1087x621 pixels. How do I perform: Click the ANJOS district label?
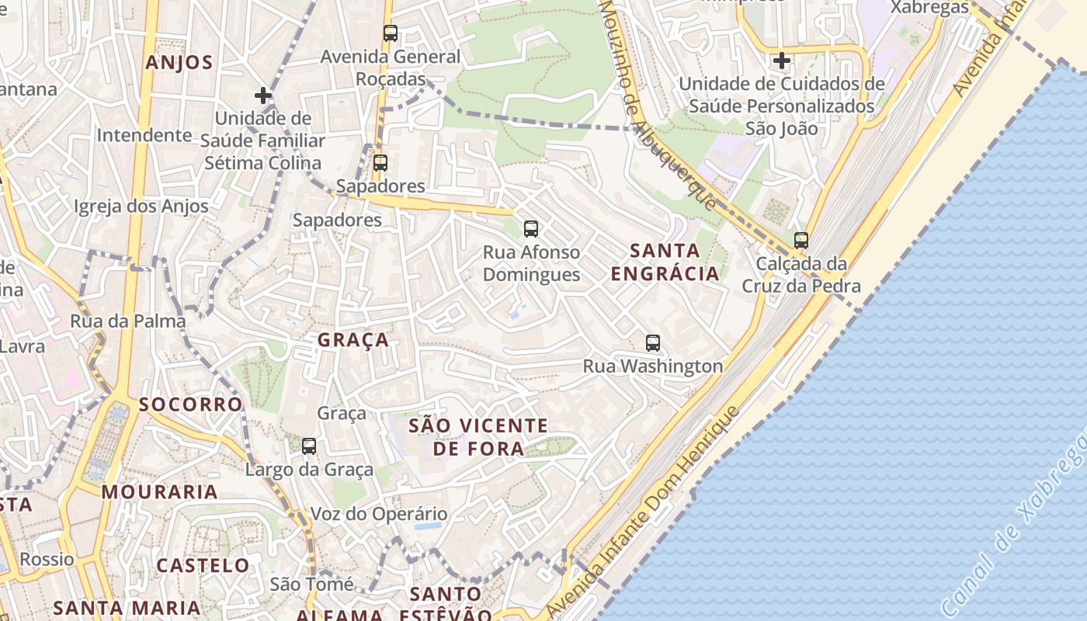(179, 63)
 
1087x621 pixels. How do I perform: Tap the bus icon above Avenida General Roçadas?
(391, 33)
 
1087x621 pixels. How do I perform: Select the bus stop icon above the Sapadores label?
(380, 163)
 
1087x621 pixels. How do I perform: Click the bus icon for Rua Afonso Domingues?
(531, 229)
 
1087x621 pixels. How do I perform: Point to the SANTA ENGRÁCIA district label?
(665, 262)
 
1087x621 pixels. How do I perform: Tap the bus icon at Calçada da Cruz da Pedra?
(801, 241)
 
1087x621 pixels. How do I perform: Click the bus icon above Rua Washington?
(653, 343)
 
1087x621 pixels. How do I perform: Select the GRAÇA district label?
(353, 340)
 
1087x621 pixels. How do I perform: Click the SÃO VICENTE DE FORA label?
(478, 437)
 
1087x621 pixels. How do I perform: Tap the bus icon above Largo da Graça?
(309, 446)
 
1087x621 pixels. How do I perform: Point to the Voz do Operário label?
(379, 514)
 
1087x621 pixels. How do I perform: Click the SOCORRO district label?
(190, 404)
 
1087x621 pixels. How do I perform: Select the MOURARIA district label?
(159, 492)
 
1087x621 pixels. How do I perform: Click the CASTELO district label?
(203, 565)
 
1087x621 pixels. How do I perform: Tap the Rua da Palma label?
(128, 321)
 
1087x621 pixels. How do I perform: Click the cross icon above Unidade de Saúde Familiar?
(263, 95)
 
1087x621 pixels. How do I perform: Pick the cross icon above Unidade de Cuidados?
(782, 61)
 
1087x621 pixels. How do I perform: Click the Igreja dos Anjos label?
(141, 206)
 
